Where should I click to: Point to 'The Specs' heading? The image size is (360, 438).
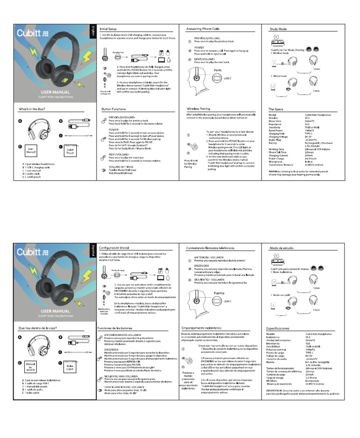pyautogui.click(x=277, y=109)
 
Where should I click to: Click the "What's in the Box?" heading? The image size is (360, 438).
pyautogui.click(x=32, y=109)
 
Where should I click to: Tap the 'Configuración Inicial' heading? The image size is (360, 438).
pyautogui.click(x=114, y=247)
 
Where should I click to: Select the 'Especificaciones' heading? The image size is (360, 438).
pyautogui.click(x=281, y=329)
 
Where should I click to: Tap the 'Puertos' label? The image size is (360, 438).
pyautogui.click(x=218, y=293)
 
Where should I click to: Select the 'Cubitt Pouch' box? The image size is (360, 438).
pyautogui.click(x=70, y=151)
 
